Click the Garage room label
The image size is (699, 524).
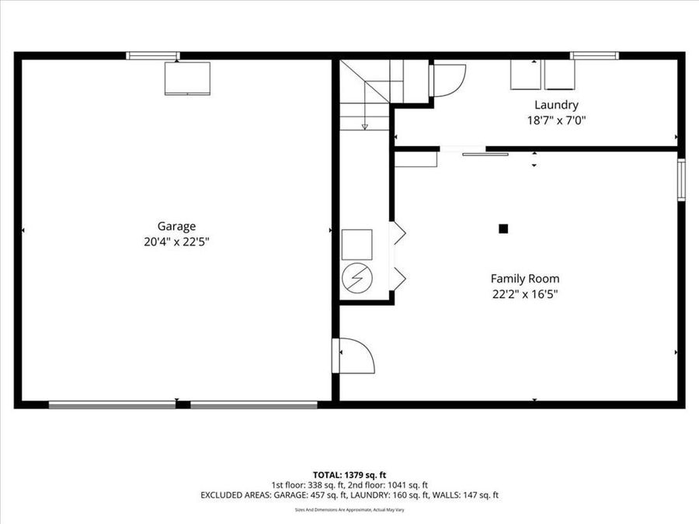pos(178,227)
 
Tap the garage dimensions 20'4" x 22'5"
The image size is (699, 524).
pos(178,242)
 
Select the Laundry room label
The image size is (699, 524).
pos(555,105)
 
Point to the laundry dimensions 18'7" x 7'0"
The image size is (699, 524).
pos(555,120)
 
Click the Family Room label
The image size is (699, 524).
pos(524,278)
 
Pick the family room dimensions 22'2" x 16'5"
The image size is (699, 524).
pos(524,293)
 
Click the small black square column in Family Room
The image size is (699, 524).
pos(503,228)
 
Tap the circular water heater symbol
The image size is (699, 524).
pos(357,277)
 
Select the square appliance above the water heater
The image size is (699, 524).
pos(357,244)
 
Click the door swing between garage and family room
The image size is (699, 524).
pos(356,356)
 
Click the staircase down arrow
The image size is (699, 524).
pos(363,124)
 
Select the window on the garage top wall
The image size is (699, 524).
pos(153,55)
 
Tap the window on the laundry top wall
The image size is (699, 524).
pos(594,55)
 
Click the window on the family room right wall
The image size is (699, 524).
pos(681,180)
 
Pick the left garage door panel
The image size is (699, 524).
pos(113,404)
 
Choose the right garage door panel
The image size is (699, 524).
pos(254,404)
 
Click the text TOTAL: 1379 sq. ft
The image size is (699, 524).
pos(349,474)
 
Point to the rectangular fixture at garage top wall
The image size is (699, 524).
pos(187,78)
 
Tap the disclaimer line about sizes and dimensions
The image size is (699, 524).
pos(349,510)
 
